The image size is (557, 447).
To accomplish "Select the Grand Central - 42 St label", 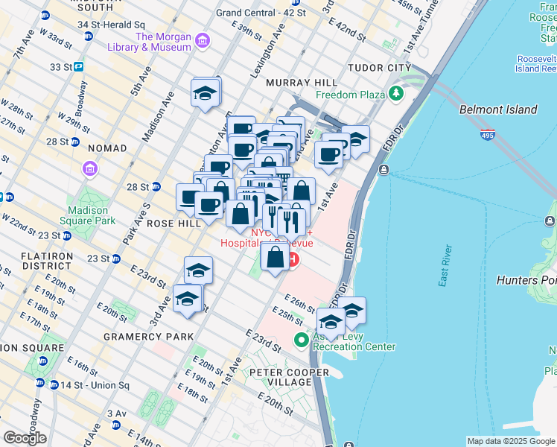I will [261, 13].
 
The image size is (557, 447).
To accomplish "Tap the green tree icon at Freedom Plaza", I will [397, 94].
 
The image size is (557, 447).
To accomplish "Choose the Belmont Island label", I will [498, 110].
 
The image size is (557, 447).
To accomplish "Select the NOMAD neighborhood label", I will [103, 148].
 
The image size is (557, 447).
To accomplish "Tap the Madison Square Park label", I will [89, 215].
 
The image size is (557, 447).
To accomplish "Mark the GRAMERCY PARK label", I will [138, 337].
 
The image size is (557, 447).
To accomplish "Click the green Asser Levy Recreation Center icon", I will [302, 340].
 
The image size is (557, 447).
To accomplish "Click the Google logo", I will [25, 438].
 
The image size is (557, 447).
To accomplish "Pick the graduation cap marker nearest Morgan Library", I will [206, 94].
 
